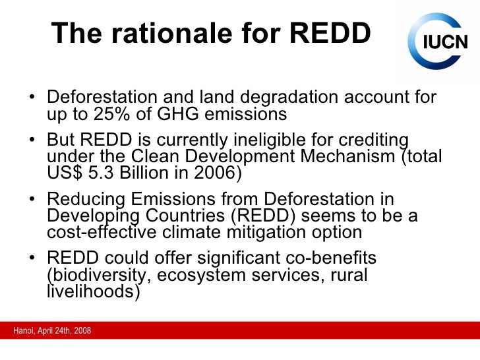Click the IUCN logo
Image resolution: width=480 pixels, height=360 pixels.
coord(437,42)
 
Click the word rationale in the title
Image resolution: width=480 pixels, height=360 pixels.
coord(160,33)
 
